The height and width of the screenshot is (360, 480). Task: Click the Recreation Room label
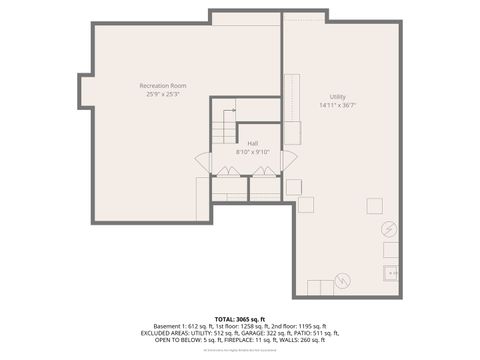[163, 86]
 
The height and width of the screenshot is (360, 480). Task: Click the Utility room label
[339, 95]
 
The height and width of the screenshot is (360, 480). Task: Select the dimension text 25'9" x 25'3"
[163, 95]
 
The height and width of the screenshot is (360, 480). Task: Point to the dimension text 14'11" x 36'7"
[339, 104]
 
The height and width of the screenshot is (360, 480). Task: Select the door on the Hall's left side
[202, 159]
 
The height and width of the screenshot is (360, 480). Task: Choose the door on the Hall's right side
[289, 159]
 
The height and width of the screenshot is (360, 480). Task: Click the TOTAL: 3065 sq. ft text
[240, 319]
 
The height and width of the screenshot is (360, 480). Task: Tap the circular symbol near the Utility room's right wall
[388, 229]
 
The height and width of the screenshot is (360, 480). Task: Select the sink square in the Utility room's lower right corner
[390, 271]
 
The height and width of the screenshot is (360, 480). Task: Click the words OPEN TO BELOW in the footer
[177, 340]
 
